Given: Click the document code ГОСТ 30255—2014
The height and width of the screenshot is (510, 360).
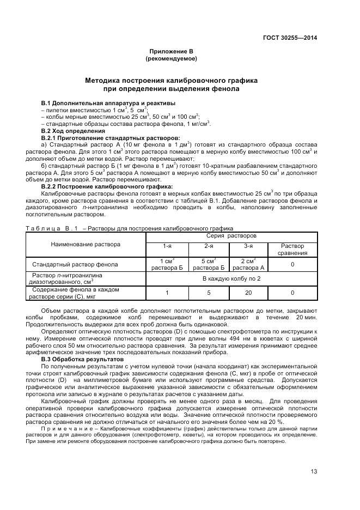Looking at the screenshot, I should tap(289, 38).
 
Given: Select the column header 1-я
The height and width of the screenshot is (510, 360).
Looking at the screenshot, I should tap(167, 246).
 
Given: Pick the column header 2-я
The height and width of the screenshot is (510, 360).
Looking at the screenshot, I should tap(209, 246).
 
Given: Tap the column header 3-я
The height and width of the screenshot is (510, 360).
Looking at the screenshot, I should tap(248, 246).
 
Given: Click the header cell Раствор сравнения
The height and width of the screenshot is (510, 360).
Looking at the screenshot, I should tap(292, 250).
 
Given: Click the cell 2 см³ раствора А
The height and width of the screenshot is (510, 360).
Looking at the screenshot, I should tap(248, 264).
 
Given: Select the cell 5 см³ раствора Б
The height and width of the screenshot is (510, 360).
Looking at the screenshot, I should tap(209, 264).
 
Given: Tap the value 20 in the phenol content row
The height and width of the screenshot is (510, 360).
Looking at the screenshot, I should tap(248, 293).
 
